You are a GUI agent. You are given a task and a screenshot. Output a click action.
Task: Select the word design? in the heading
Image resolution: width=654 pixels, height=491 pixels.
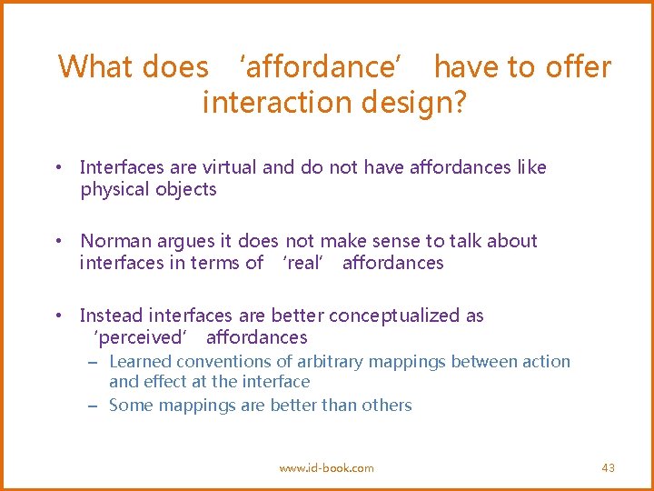(x=414, y=104)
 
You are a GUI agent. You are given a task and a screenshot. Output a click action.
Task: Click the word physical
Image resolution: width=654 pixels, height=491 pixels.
(x=113, y=189)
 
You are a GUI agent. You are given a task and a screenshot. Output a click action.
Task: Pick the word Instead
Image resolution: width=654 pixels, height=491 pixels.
(x=111, y=316)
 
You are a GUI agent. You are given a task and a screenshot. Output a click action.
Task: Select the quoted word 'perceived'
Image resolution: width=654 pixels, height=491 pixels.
(x=142, y=338)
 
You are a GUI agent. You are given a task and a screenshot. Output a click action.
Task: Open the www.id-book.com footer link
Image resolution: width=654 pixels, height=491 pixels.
(x=326, y=467)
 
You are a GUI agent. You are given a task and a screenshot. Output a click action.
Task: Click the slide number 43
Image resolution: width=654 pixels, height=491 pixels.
(x=608, y=467)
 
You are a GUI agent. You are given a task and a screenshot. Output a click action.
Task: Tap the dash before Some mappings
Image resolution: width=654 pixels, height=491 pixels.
(x=93, y=406)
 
